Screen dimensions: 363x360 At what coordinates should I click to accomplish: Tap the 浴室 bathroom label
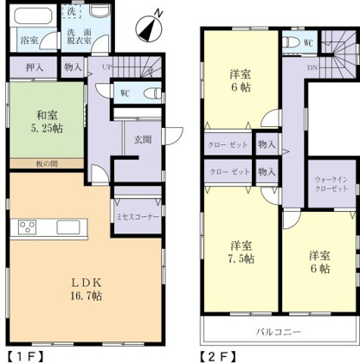click(29, 40)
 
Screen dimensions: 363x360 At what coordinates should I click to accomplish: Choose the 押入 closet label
click(34, 67)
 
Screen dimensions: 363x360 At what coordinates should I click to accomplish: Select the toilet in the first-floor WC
click(148, 92)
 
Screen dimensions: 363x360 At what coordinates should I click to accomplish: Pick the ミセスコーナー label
click(138, 216)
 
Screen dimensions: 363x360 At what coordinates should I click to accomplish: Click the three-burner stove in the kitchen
click(28, 229)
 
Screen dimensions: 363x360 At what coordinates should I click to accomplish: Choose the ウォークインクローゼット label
click(333, 183)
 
